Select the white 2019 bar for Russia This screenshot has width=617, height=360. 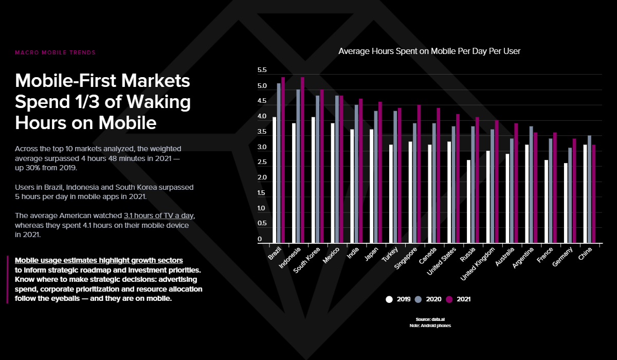click(x=468, y=202)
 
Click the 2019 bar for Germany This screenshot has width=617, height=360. click(x=566, y=203)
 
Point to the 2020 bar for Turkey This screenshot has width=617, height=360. click(x=395, y=177)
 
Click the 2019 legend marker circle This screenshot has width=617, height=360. click(x=389, y=299)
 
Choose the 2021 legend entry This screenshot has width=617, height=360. click(x=458, y=299)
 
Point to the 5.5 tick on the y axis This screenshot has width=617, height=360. click(x=262, y=70)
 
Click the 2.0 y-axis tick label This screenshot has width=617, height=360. click(x=262, y=178)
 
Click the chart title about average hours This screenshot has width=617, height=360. click(x=429, y=51)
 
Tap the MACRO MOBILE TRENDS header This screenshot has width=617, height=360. click(x=55, y=52)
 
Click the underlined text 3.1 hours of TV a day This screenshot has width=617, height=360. click(x=159, y=215)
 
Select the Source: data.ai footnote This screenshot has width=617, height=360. click(x=430, y=319)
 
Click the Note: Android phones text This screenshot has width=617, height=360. click(x=430, y=326)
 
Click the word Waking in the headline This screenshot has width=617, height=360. click(x=154, y=102)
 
